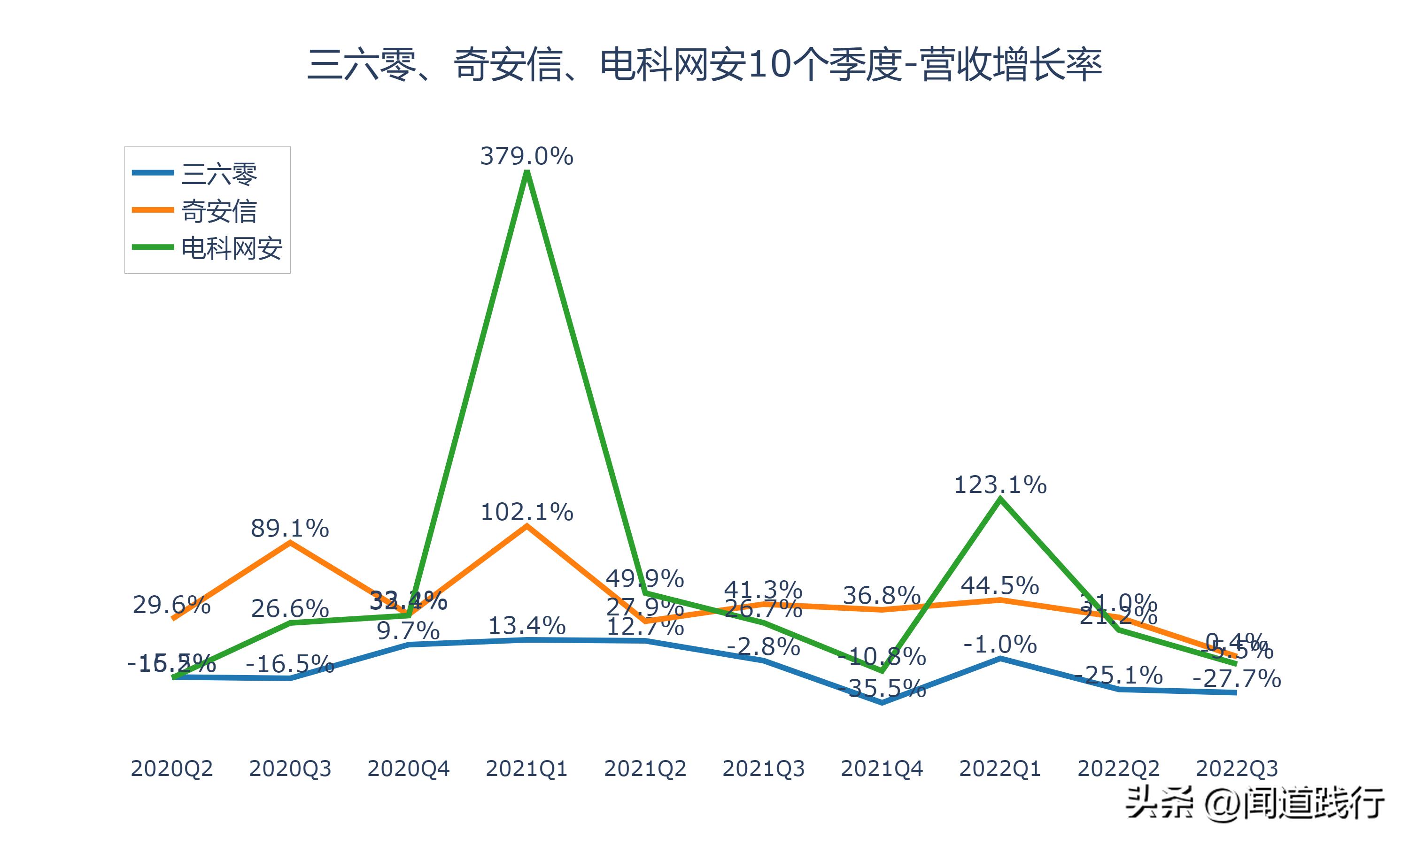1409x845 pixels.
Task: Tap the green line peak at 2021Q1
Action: pos(527,171)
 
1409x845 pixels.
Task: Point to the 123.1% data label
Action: pos(1000,485)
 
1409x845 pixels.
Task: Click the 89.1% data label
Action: pos(290,529)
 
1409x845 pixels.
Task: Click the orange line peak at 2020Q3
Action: pos(290,543)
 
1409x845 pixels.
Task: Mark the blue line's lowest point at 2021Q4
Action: pos(882,703)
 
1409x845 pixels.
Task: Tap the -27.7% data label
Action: pos(1237,679)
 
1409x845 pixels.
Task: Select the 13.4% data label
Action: pos(527,626)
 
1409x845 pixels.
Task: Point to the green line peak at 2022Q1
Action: pos(1000,499)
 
